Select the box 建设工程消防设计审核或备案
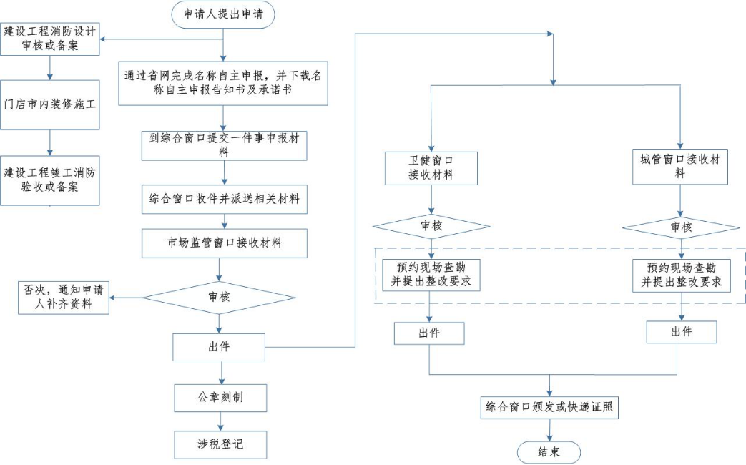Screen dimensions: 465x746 [50, 39]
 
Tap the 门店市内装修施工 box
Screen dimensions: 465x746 [50, 104]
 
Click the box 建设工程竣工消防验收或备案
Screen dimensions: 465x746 [50, 180]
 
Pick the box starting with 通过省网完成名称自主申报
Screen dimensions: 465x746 [223, 83]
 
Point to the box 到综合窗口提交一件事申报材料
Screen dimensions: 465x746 [225, 145]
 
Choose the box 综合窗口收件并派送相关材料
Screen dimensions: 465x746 [225, 199]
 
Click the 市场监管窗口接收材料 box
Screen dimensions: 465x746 [225, 243]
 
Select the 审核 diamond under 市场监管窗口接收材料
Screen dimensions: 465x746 [220, 296]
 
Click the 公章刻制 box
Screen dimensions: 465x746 [220, 396]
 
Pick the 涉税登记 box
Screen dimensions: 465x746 [220, 444]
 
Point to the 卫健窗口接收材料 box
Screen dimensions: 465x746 [431, 167]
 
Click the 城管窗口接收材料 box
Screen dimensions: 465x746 [680, 166]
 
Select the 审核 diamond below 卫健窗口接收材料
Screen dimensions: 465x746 [431, 227]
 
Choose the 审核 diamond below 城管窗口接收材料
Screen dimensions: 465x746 [681, 227]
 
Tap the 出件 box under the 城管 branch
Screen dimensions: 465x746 [681, 332]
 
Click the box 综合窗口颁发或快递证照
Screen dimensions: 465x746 [549, 408]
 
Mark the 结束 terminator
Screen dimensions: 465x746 [549, 452]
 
